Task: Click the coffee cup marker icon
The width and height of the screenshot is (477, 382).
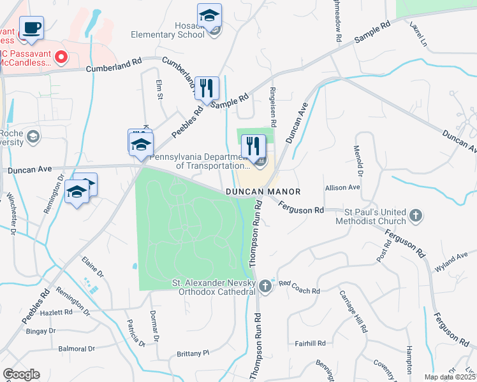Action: [x=31, y=28]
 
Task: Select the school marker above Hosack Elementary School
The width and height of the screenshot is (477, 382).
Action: [x=209, y=16]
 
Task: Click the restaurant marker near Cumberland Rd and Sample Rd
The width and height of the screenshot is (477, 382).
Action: [x=207, y=88]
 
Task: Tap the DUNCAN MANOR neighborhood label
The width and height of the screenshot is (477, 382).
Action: [x=261, y=192]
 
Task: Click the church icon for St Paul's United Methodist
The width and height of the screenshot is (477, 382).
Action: [x=416, y=215]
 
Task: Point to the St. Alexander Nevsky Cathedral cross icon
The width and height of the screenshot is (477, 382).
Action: [x=265, y=288]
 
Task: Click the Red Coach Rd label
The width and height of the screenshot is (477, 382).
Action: [x=298, y=291]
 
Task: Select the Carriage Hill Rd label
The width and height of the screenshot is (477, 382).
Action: [x=354, y=313]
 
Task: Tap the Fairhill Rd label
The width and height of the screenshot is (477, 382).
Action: [x=311, y=343]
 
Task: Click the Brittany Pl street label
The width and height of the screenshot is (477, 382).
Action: [x=193, y=353]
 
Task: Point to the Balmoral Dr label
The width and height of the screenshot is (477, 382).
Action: [x=77, y=349]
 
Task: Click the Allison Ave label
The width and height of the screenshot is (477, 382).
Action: [x=342, y=188]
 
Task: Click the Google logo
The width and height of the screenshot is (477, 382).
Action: [x=21, y=374]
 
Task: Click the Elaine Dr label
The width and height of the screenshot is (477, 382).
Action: [x=92, y=267]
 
